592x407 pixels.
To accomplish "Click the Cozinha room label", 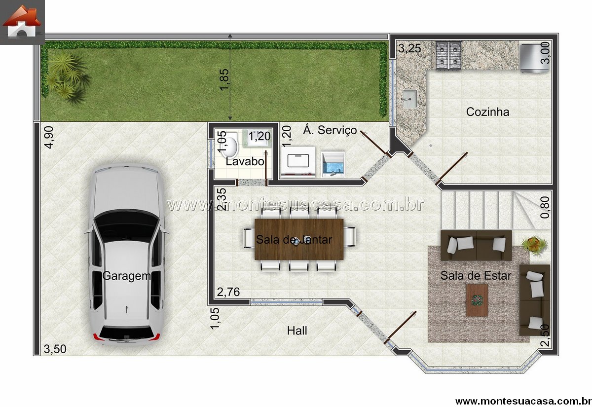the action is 487,112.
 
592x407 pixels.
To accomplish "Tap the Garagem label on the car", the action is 127,276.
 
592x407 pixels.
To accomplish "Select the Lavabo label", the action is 245,161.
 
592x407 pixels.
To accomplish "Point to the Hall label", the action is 297,331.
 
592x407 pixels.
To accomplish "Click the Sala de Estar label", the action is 476,276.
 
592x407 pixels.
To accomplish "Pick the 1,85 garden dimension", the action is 224,79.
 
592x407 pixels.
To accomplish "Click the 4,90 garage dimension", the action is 49,138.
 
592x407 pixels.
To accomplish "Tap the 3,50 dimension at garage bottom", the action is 55,349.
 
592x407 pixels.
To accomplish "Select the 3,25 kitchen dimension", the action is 409,48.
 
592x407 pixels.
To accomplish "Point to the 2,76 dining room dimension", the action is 228,292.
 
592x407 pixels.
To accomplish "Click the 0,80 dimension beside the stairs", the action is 545,208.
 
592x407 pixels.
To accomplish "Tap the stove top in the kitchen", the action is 448,56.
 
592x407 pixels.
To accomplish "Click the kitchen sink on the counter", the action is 410,99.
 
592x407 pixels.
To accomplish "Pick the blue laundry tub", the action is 333,164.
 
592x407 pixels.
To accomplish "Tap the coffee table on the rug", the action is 477,300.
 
